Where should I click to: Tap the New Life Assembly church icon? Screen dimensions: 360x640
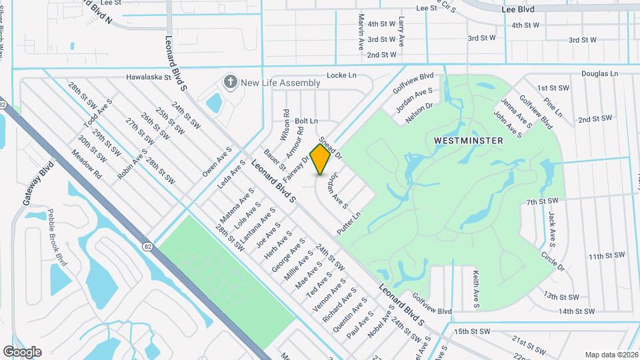(x=231, y=83)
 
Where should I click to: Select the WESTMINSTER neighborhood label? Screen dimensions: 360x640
(x=468, y=141)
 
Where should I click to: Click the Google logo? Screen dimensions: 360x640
(x=22, y=351)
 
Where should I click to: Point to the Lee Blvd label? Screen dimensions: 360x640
(x=518, y=10)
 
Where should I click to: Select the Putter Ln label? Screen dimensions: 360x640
(x=348, y=223)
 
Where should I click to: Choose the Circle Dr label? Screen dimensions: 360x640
(x=553, y=261)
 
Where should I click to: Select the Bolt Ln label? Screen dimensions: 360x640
(x=306, y=121)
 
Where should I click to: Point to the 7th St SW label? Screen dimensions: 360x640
(x=541, y=201)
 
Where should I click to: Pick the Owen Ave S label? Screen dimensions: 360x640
(x=217, y=162)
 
